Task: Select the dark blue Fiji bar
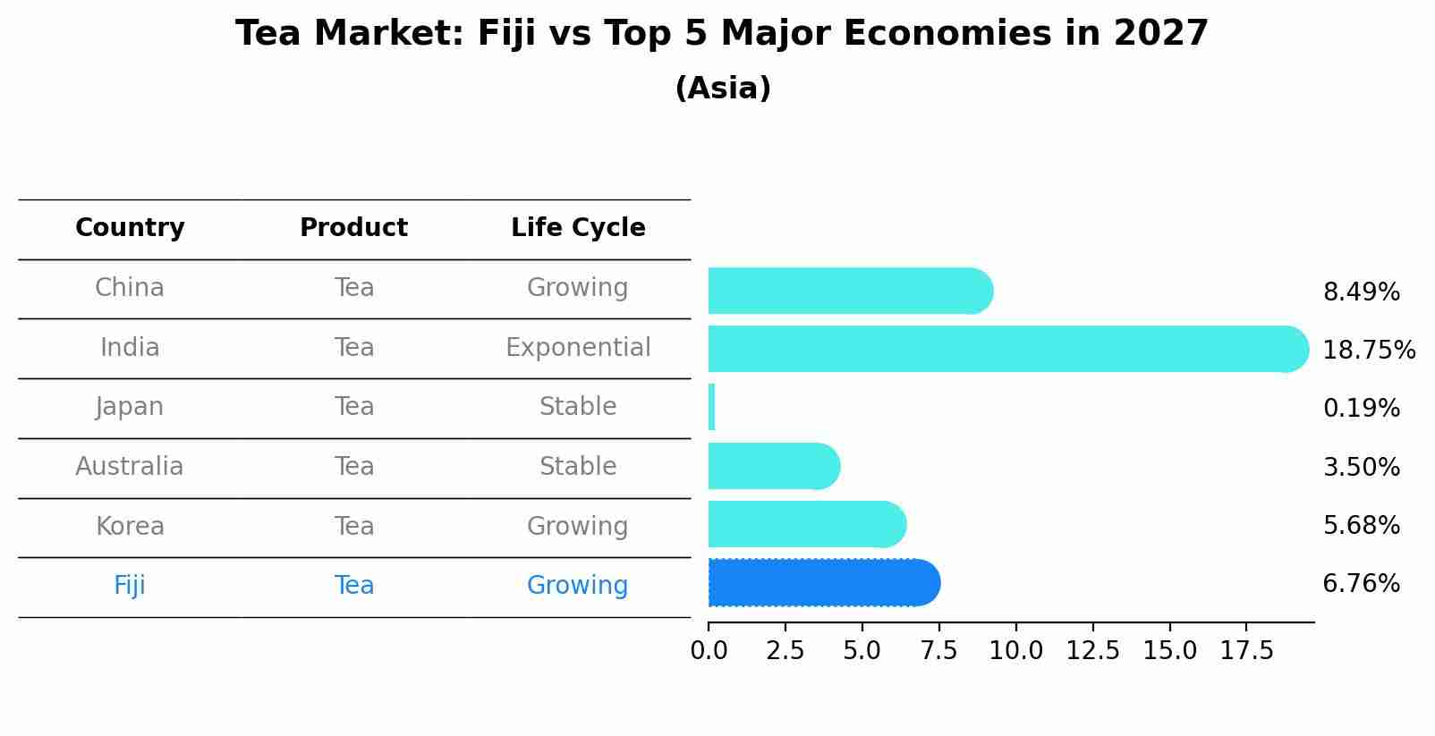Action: pyautogui.click(x=823, y=583)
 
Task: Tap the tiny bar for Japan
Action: pyautogui.click(x=712, y=407)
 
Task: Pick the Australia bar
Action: pyautogui.click(x=773, y=466)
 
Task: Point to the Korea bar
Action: pyautogui.click(x=806, y=524)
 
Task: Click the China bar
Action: pyautogui.click(x=850, y=291)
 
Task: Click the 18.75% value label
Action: pyautogui.click(x=1368, y=350)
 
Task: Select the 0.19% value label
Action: pyautogui.click(x=1361, y=409)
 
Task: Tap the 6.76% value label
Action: pyautogui.click(x=1361, y=584)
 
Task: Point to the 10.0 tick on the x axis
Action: pyautogui.click(x=1015, y=651)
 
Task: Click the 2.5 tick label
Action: pyautogui.click(x=785, y=651)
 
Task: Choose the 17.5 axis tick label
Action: pyautogui.click(x=1246, y=651)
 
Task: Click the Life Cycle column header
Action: pyautogui.click(x=578, y=228)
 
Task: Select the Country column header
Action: pyautogui.click(x=130, y=228)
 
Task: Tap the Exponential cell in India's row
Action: pyautogui.click(x=578, y=347)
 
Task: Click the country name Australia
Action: pyautogui.click(x=130, y=467)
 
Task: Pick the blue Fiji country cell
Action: pyautogui.click(x=130, y=586)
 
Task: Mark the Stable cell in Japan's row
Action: pyautogui.click(x=578, y=407)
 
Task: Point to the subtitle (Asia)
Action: pyautogui.click(x=723, y=89)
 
